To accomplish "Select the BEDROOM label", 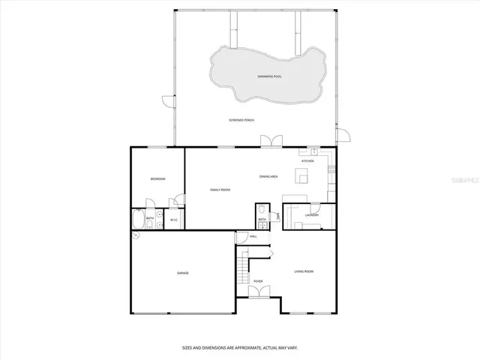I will pos(157,178).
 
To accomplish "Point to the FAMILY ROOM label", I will pos(220,190).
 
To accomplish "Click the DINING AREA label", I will pos(268,176).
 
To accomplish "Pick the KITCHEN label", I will pos(307,161).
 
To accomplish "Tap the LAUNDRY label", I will pos(312,215).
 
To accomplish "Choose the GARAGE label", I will pos(182,272).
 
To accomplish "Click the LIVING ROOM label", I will pos(303,271).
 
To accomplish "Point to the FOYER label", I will pos(257,281).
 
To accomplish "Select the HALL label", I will pos(253,237).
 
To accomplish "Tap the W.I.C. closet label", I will pos(173,220).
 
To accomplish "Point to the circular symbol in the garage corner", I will pos(136,235).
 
